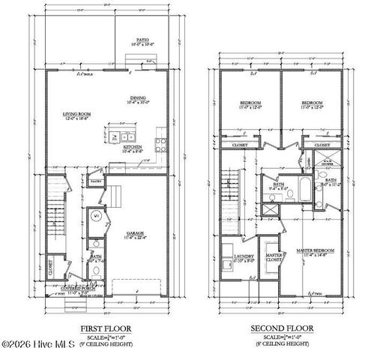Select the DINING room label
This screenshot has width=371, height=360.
pos(137,97)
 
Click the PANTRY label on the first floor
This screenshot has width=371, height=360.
pos(96,181)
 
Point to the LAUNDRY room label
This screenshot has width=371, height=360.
pos(244,256)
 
